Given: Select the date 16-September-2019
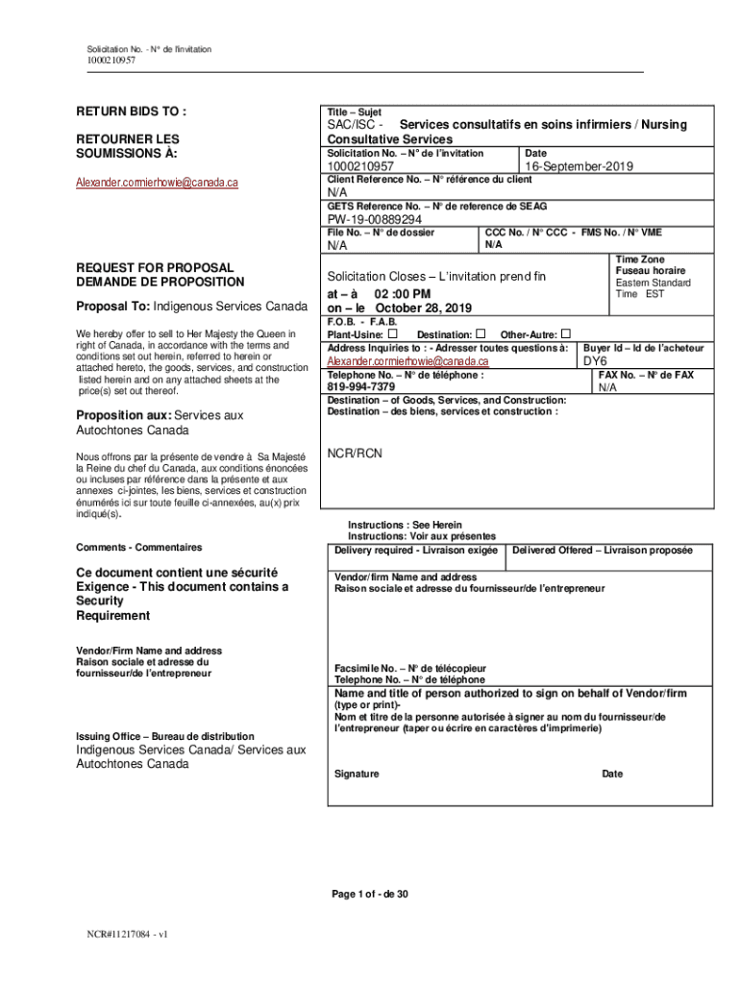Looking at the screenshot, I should pyautogui.click(x=579, y=166).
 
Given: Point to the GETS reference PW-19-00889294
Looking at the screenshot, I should pyautogui.click(x=374, y=219).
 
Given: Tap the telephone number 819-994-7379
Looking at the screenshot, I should pyautogui.click(x=361, y=387).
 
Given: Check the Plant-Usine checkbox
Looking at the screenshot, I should pyautogui.click(x=393, y=333).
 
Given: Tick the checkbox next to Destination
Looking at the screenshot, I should pyautogui.click(x=479, y=333).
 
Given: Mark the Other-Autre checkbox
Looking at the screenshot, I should pyautogui.click(x=565, y=333).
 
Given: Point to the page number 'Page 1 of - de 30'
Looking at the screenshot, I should pyautogui.click(x=370, y=895).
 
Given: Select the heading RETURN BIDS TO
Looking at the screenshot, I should pyautogui.click(x=132, y=111).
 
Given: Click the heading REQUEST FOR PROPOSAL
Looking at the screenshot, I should pyautogui.click(x=155, y=268).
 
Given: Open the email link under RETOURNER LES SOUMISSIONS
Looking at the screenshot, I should pyautogui.click(x=158, y=182).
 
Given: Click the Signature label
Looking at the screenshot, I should pyautogui.click(x=357, y=774).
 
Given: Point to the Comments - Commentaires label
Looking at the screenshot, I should pyautogui.click(x=139, y=547).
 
